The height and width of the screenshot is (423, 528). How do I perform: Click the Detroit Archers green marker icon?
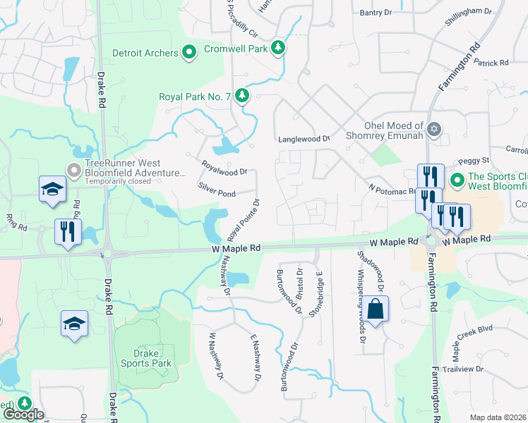click(189, 53)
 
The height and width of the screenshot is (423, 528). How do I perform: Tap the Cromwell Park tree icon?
click(280, 48)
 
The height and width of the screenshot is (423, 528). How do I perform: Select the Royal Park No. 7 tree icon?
click(243, 95)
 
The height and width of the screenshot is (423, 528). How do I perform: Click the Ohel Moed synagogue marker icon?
click(433, 129)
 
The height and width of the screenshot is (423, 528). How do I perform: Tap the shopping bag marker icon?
click(376, 309)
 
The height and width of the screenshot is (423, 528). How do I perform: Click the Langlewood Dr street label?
click(304, 140)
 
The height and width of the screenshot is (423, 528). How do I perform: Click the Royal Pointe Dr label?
click(244, 219)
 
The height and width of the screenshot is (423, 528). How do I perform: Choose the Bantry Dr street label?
click(376, 13)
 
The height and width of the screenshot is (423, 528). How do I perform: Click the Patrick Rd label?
click(491, 63)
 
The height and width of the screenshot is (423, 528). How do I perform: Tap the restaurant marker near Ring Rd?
click(68, 231)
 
